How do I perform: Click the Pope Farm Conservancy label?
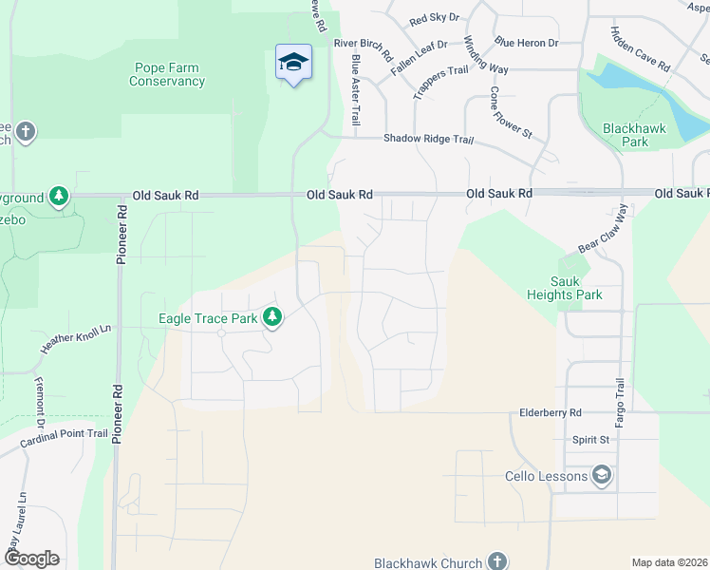point(167,75)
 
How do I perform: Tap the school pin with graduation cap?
point(294,63)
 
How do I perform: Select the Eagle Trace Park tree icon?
point(273,317)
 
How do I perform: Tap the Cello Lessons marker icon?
point(601,475)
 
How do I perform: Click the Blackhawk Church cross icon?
point(496,562)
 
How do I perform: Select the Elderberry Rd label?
point(550,413)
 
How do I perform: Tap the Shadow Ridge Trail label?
point(428,139)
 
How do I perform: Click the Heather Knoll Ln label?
point(76,338)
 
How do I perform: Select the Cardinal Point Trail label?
point(65,433)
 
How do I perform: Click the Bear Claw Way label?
point(605,228)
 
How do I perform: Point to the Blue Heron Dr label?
point(526,43)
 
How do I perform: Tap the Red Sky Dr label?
point(434,19)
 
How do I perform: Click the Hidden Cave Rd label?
point(641,50)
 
